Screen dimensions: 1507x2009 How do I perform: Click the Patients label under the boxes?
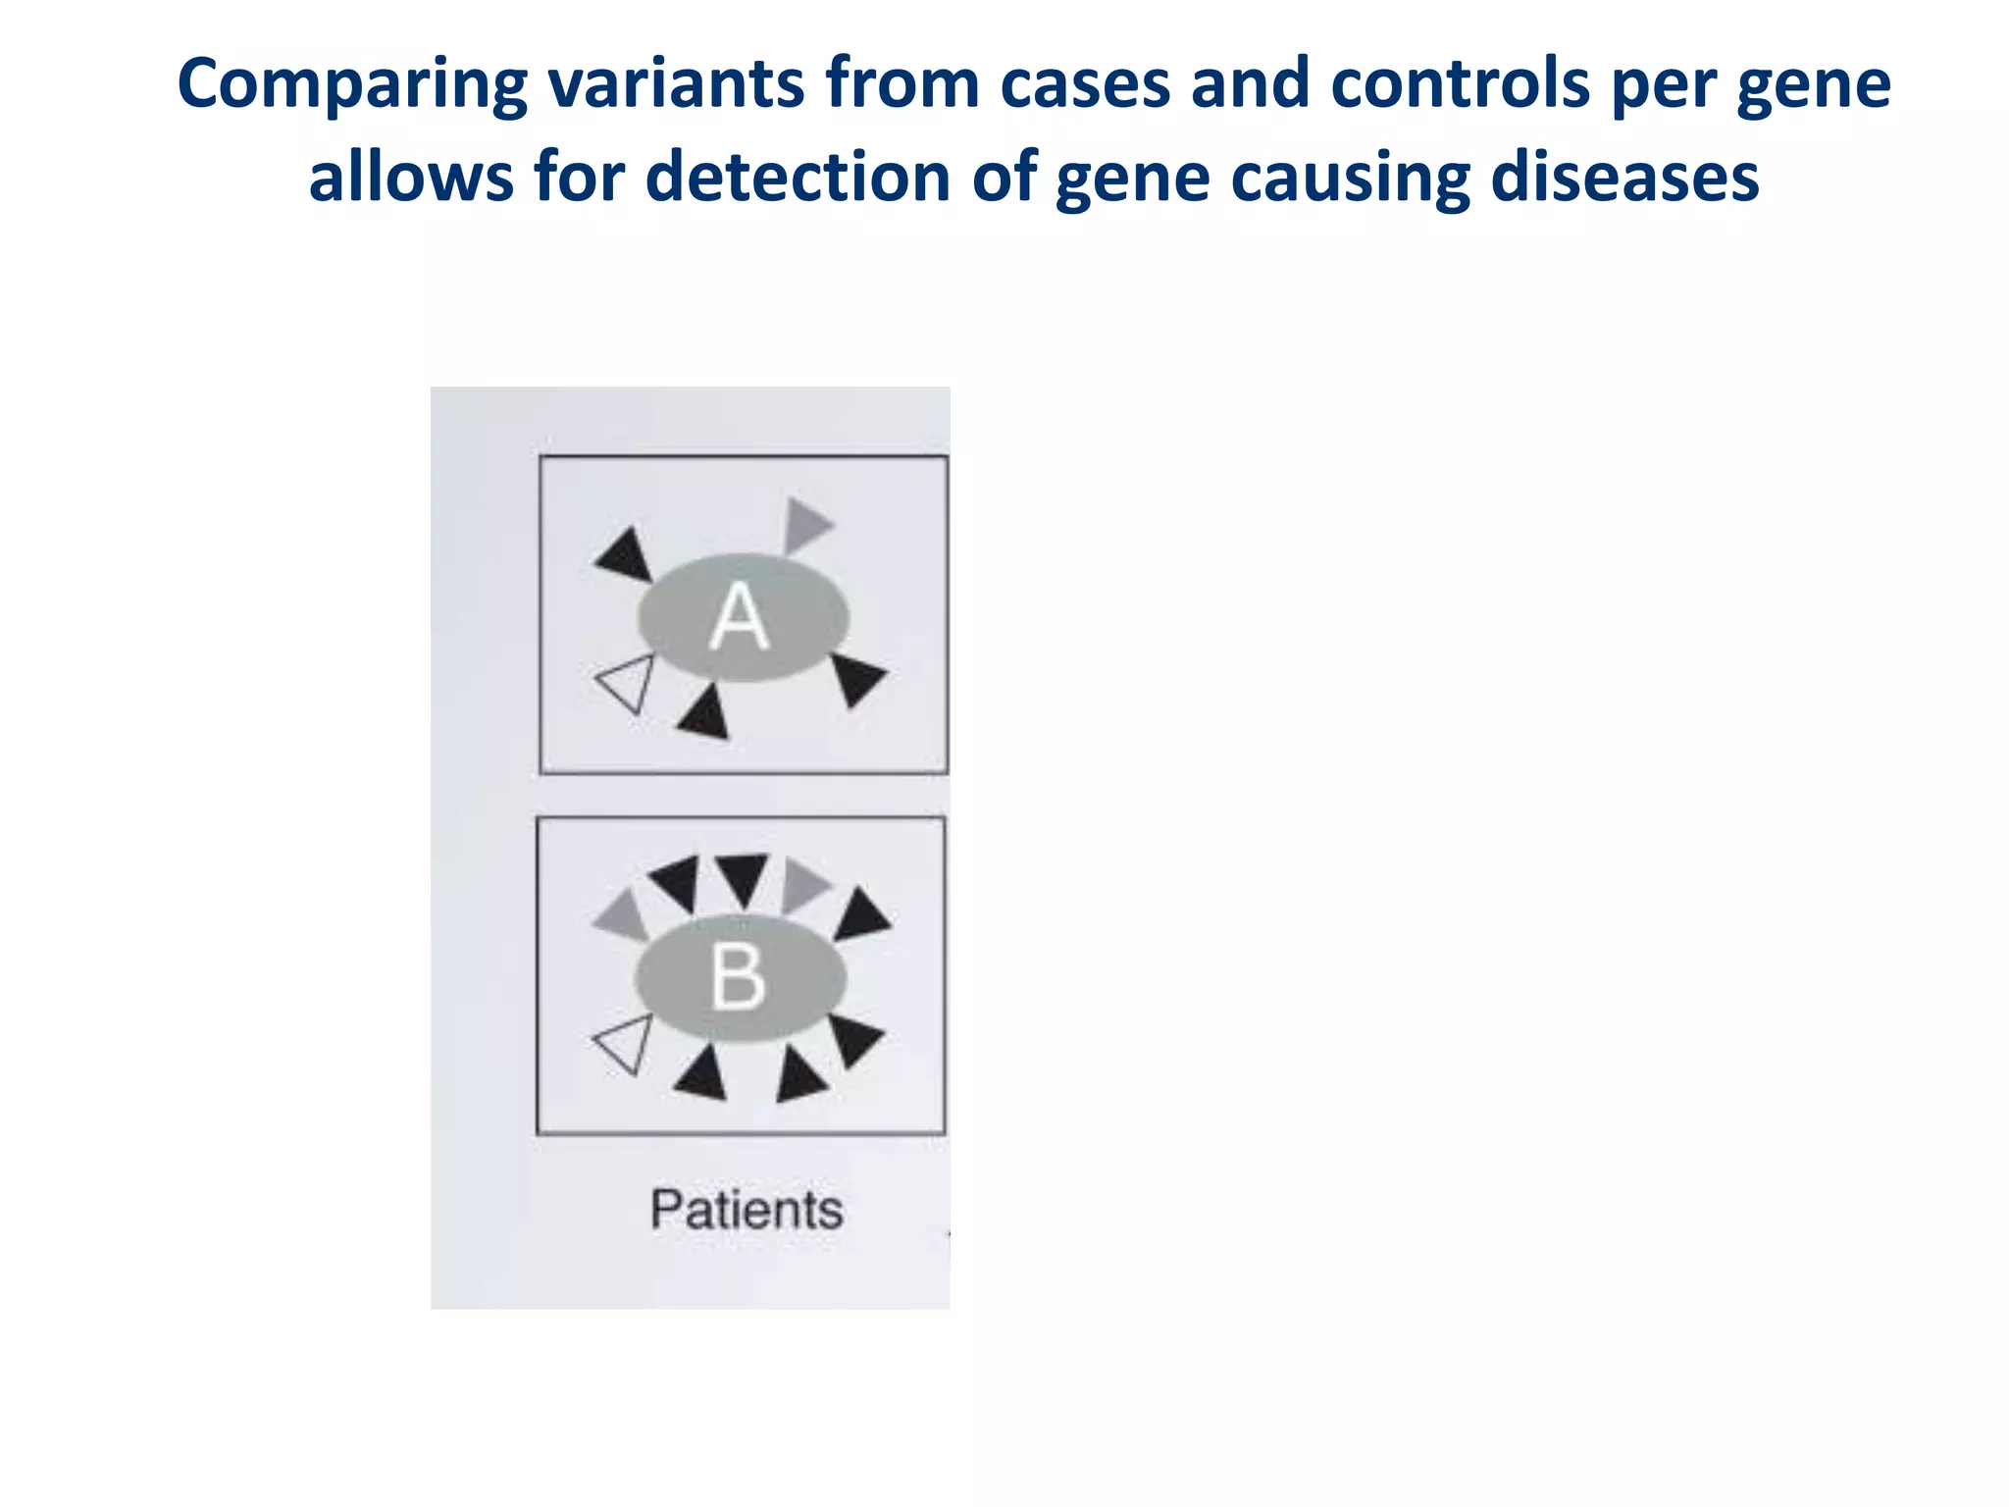tap(746, 1209)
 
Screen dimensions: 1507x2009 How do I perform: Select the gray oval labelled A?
tap(743, 617)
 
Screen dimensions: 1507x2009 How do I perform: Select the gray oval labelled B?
tap(740, 977)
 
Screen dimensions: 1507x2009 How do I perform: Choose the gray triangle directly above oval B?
tap(802, 884)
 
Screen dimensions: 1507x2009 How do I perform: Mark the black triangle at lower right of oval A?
tap(856, 678)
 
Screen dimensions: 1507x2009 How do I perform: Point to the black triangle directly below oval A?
tap(705, 714)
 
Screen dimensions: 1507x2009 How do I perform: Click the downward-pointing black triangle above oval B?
tap(741, 876)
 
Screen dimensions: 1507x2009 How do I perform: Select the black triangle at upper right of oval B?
tap(860, 914)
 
